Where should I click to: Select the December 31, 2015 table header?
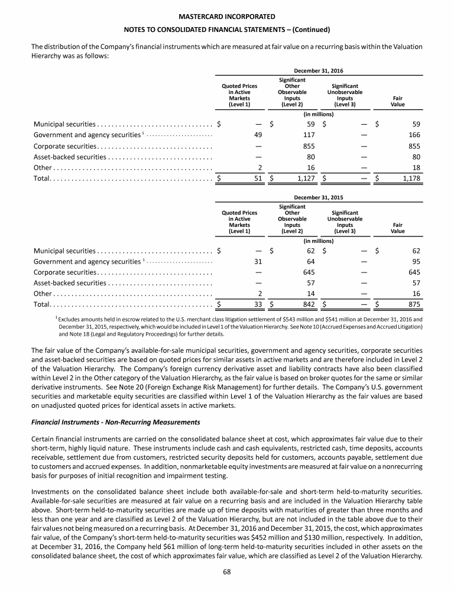pos(319,198)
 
